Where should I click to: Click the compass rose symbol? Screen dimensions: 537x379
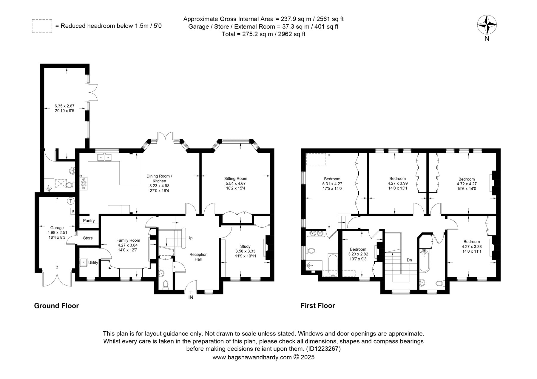coord(487,24)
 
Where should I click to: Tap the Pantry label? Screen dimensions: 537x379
coord(89,221)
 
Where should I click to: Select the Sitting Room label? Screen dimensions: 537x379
coord(236,179)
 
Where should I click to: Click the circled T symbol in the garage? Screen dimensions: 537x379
coord(71,201)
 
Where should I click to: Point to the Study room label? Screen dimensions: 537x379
coord(245,246)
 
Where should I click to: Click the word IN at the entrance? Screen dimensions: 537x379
coord(191,297)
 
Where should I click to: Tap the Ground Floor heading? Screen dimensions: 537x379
coord(56,306)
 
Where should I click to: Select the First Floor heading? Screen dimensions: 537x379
coord(318,306)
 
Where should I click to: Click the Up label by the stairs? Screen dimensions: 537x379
coord(190,238)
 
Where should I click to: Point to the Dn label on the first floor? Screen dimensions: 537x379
coord(409,260)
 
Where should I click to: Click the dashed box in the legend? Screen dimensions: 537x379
coord(42,26)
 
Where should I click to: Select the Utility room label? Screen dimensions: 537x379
coord(93,262)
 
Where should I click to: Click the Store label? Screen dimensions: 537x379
coord(88,238)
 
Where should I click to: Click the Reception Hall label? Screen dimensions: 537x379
coord(198,257)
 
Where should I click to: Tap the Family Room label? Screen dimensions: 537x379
coord(128,240)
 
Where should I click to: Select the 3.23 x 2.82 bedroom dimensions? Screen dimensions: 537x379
coord(358,254)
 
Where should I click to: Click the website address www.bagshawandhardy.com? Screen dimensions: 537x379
coord(252,357)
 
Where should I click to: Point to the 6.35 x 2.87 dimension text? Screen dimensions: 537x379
coord(64,106)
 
